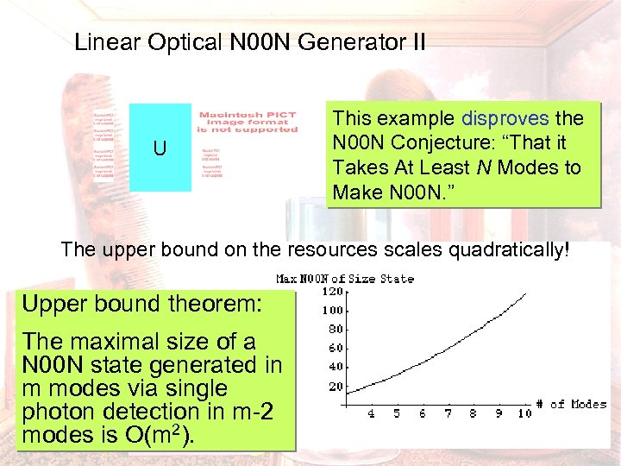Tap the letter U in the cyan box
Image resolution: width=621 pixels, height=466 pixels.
160,148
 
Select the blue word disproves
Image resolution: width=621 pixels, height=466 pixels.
505,118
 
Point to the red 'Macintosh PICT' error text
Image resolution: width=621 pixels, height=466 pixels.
248,116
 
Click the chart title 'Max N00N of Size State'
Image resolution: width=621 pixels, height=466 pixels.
344,278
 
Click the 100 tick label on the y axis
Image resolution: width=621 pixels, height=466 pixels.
332,310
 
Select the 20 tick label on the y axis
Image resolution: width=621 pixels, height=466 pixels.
335,386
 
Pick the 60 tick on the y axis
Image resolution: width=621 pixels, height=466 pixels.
335,348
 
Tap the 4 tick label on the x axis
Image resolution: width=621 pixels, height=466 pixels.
371,413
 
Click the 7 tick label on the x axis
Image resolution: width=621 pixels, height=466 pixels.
448,413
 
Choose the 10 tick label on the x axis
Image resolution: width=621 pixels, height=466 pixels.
524,413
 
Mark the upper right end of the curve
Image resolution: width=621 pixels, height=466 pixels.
525,293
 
